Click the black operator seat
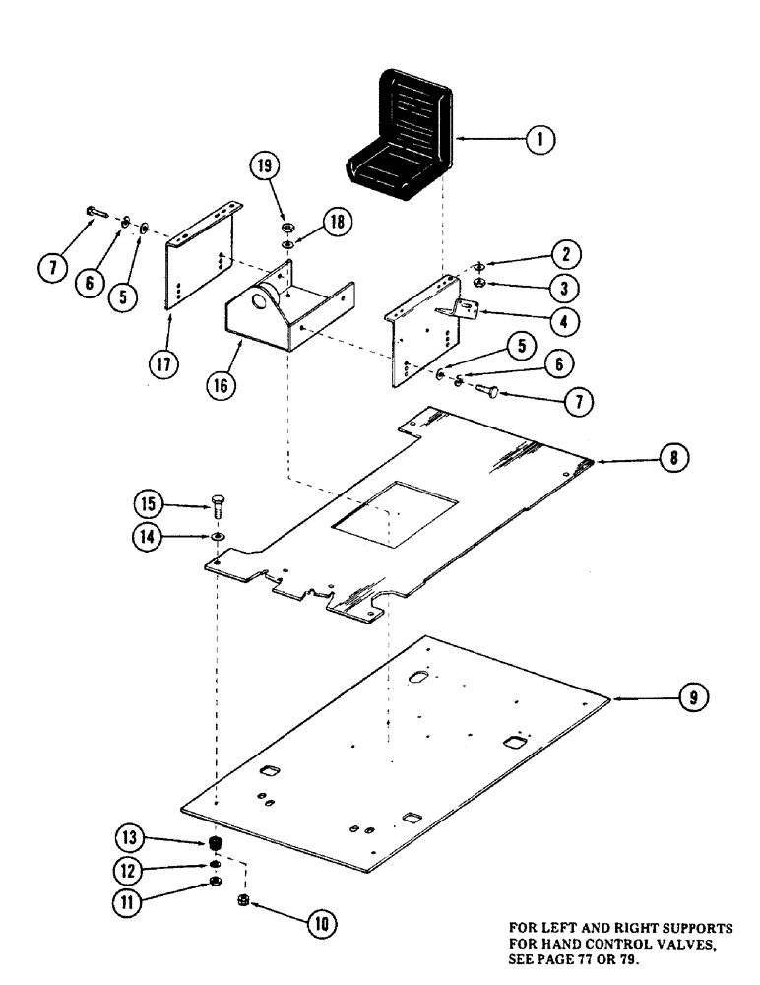point(400,134)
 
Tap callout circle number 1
point(538,140)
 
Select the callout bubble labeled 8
point(672,457)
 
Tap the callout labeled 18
point(338,224)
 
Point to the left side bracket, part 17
point(202,261)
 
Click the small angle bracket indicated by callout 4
point(464,310)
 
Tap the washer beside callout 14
point(215,537)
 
